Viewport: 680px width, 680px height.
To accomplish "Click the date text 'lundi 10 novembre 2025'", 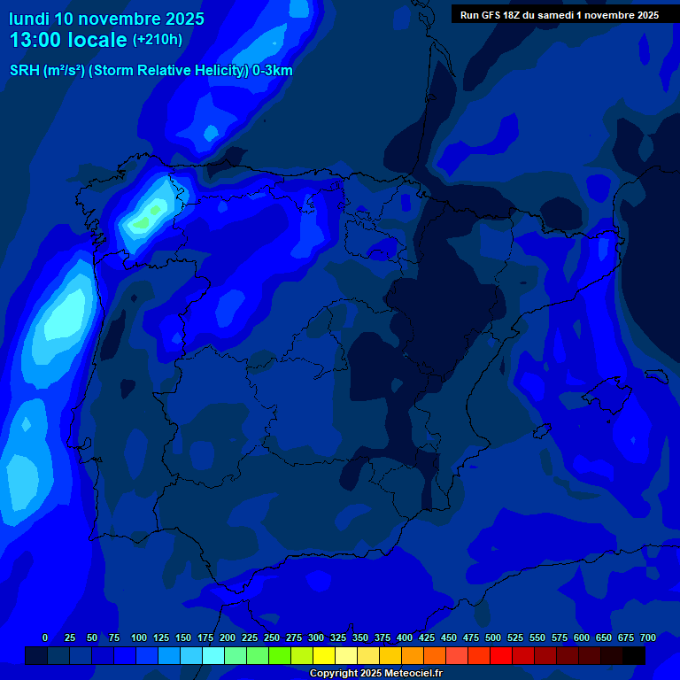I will tap(106, 18).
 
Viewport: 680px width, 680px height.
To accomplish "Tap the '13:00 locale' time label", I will tap(67, 40).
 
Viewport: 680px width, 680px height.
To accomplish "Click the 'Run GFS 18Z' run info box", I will tap(559, 15).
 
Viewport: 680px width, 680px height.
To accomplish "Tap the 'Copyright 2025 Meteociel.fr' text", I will tap(375, 673).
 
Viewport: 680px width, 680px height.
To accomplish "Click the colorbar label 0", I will tap(45, 637).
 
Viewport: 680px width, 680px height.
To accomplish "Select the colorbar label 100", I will tap(139, 637).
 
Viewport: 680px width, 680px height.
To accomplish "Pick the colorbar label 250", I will tap(272, 637).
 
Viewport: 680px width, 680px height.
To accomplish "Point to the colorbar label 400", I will tap(405, 637).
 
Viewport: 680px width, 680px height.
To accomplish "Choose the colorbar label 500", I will tap(493, 637).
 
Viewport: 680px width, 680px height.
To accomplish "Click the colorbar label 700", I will tap(648, 637).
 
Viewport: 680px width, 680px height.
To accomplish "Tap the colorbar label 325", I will tap(338, 637).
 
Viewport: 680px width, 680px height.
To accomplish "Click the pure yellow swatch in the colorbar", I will tap(323, 655).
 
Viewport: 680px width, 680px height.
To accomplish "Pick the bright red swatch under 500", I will tap(500, 655).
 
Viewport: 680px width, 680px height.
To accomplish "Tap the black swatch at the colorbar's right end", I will tap(633, 655).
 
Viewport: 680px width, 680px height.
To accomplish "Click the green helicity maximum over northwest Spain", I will tap(155, 210).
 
